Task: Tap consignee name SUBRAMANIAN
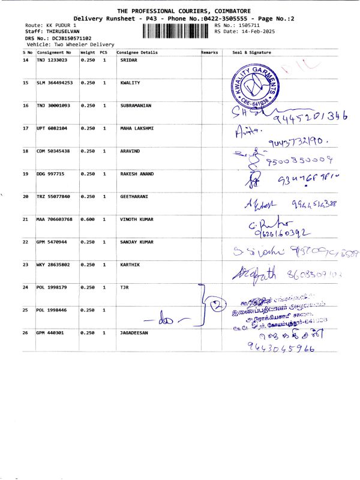[x=136, y=106]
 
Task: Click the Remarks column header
[x=210, y=53]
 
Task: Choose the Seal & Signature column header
[x=251, y=53]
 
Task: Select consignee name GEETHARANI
[x=133, y=197]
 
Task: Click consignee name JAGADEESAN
[x=134, y=332]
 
